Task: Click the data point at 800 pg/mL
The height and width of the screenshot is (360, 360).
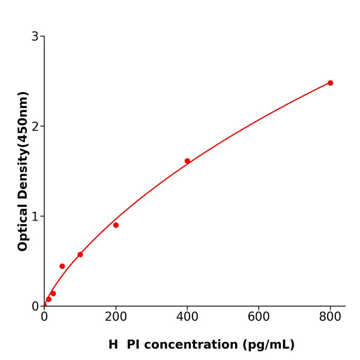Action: coord(330,83)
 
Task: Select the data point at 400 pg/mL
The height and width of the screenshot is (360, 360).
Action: coord(187,161)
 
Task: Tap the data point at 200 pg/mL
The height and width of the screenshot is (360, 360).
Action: coord(116,225)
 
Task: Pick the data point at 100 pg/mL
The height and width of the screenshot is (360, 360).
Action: coord(80,255)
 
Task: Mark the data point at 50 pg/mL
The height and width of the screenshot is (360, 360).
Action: coord(62,266)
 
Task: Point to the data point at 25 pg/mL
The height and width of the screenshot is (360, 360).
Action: coord(53,294)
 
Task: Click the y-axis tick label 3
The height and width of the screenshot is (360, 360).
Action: coord(35,37)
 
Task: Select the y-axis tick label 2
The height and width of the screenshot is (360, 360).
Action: coord(35,127)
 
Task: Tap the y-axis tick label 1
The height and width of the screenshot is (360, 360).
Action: coord(35,217)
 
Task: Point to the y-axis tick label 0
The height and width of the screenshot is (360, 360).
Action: coord(35,307)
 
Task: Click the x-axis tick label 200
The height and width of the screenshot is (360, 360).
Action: coord(116,317)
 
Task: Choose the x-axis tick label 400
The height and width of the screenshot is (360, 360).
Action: coord(187,317)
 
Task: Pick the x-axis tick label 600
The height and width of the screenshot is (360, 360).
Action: coord(259,317)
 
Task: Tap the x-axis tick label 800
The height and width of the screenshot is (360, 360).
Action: coord(330,317)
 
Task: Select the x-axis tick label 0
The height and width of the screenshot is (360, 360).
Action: coord(44,317)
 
